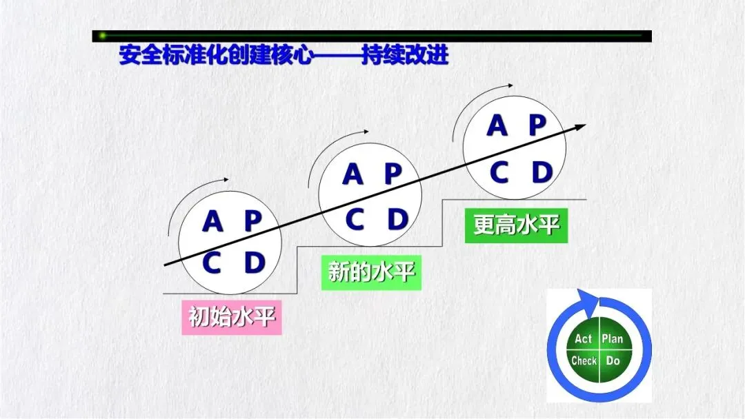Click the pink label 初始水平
232,317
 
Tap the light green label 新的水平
372,272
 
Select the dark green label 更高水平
517,225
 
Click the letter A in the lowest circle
212,221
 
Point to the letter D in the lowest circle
254,263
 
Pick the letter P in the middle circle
393,174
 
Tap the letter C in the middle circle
355,219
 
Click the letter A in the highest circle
497,125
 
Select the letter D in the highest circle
542,172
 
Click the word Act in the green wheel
583,339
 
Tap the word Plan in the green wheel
613,339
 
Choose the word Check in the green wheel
584,361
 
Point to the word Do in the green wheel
613,361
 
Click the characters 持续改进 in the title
405,55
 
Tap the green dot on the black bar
102,36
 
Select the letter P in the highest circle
538,125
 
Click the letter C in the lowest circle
212,263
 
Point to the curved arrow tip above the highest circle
510,86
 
